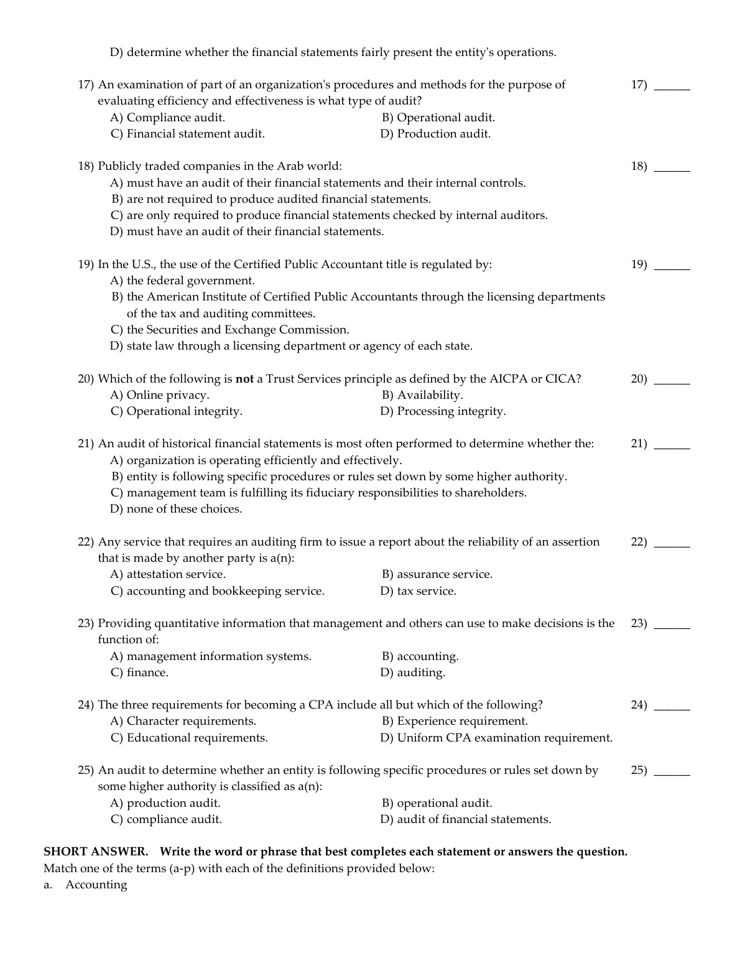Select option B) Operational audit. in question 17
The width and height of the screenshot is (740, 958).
click(438, 118)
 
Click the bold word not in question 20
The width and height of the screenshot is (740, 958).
click(244, 379)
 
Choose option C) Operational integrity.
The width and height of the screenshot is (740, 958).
click(177, 411)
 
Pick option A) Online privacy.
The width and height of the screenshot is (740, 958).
click(160, 395)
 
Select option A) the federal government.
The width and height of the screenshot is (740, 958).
click(183, 281)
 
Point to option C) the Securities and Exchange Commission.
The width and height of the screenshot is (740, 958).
click(230, 330)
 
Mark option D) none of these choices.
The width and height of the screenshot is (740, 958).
click(177, 509)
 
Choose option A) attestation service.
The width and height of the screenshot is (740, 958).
click(168, 574)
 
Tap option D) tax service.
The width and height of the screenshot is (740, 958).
click(419, 591)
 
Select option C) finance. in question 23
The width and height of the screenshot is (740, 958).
click(140, 672)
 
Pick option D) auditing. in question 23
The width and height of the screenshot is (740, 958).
click(413, 672)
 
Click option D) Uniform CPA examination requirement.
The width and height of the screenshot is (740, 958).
click(496, 738)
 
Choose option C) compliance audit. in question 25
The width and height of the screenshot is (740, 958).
click(166, 819)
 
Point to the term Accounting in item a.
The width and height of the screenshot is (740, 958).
click(96, 885)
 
